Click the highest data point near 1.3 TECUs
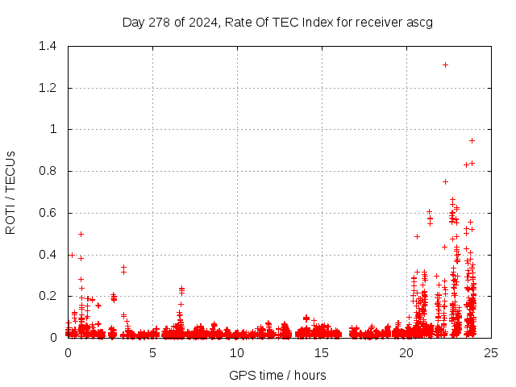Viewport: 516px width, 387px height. [x=445, y=64]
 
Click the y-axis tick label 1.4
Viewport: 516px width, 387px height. [x=47, y=46]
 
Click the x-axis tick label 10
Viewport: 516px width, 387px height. [x=237, y=352]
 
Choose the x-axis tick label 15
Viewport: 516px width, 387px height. [x=322, y=352]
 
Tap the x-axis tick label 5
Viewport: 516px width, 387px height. [x=152, y=352]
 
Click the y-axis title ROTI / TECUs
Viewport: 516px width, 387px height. [x=10, y=192]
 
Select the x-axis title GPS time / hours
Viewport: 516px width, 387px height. [x=277, y=375]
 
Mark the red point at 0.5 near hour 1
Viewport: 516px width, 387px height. [x=81, y=234]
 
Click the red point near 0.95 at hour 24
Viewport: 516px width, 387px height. [x=472, y=140]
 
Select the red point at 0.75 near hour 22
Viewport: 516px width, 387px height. [x=445, y=181]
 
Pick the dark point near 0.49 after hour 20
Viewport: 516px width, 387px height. [x=417, y=236]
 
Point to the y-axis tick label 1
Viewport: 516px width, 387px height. [x=53, y=129]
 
